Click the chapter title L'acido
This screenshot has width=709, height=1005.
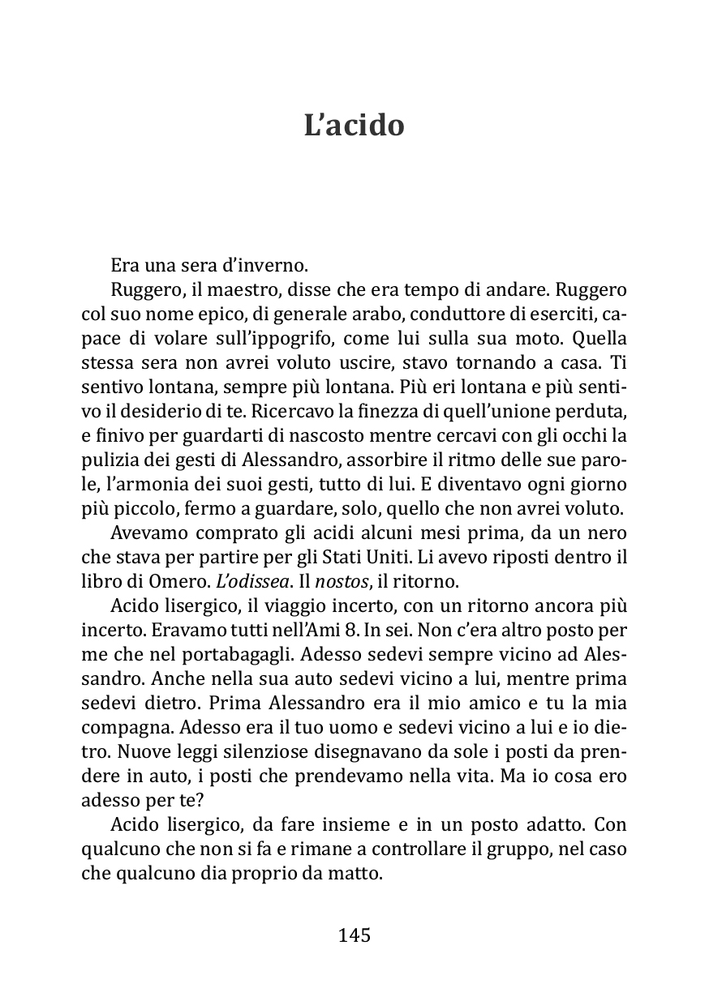[x=354, y=126]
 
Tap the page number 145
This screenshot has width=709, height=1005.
[x=354, y=935]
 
